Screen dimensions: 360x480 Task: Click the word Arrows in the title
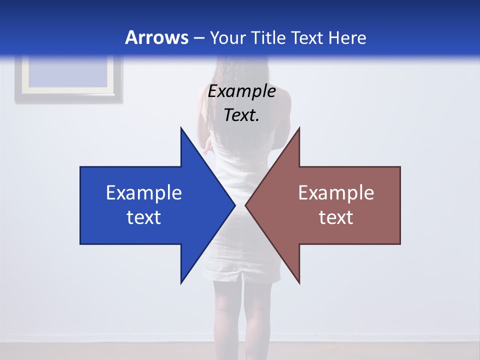pyautogui.click(x=157, y=37)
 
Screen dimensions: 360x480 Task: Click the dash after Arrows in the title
pyautogui.click(x=198, y=38)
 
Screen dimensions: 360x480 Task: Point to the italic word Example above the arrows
pyautogui.click(x=241, y=91)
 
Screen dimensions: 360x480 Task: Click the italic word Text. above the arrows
pyautogui.click(x=241, y=115)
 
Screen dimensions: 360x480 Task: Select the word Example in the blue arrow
pyautogui.click(x=144, y=192)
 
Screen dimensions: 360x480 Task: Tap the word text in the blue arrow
pyautogui.click(x=144, y=217)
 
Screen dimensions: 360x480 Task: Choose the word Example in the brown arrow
pyautogui.click(x=336, y=192)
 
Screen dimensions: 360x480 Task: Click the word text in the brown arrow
pyautogui.click(x=336, y=217)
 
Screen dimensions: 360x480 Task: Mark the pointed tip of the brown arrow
pyautogui.click(x=246, y=205)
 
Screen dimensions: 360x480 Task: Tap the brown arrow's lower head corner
pyautogui.click(x=299, y=282)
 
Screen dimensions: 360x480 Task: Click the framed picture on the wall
pyautogui.click(x=68, y=78)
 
